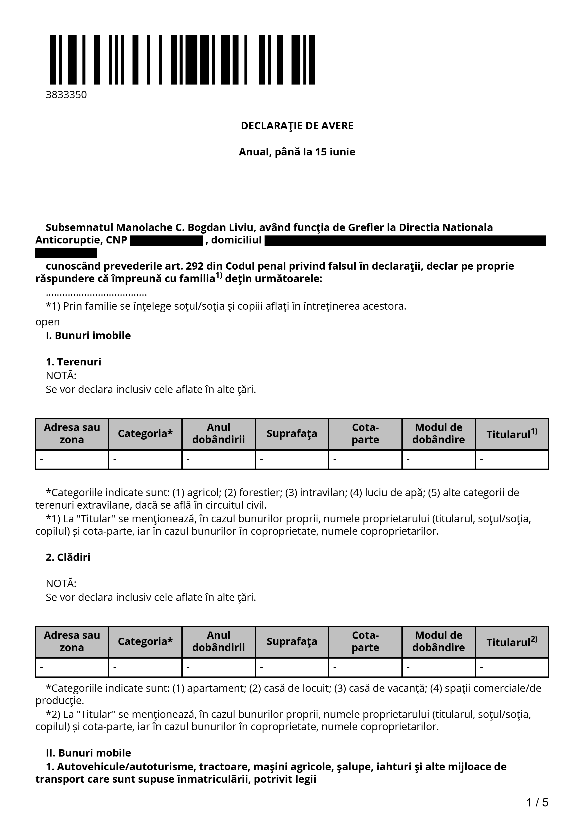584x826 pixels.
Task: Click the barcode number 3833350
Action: [66, 95]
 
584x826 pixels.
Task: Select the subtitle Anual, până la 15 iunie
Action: [297, 152]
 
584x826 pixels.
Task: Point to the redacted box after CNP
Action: [166, 241]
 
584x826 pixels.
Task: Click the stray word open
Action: [48, 322]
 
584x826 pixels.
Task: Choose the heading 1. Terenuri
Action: [74, 362]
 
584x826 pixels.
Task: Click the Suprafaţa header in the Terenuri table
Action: [292, 433]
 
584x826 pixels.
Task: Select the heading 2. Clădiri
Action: [68, 557]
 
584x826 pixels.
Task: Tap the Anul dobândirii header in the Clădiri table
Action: [218, 641]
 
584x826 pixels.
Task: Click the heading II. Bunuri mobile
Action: [88, 753]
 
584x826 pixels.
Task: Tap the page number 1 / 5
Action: [537, 802]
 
